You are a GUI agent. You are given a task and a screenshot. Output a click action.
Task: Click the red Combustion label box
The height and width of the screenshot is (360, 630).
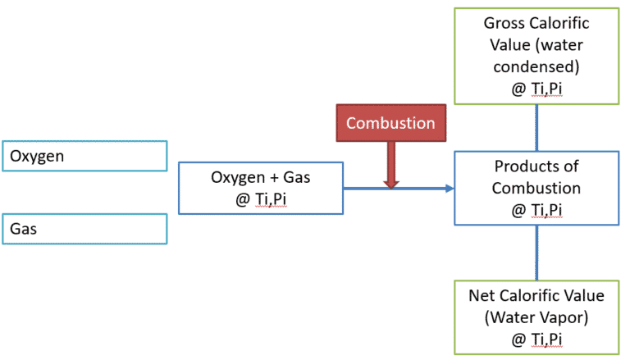tap(390, 123)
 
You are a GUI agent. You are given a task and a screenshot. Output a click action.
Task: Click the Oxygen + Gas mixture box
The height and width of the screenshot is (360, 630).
tap(260, 188)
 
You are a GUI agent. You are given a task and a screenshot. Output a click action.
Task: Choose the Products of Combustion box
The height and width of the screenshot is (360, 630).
tap(536, 188)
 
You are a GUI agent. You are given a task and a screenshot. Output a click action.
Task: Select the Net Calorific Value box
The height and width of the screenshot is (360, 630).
tap(536, 316)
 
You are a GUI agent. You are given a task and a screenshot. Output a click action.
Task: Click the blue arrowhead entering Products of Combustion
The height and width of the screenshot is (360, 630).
tap(448, 189)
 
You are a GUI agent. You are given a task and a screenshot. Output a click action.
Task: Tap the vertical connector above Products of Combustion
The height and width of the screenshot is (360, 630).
tap(536, 127)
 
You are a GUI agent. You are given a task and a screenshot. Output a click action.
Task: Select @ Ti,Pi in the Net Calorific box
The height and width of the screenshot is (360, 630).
tap(536, 338)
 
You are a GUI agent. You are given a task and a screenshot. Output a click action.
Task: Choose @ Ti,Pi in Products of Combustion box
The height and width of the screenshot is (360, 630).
tap(536, 210)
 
